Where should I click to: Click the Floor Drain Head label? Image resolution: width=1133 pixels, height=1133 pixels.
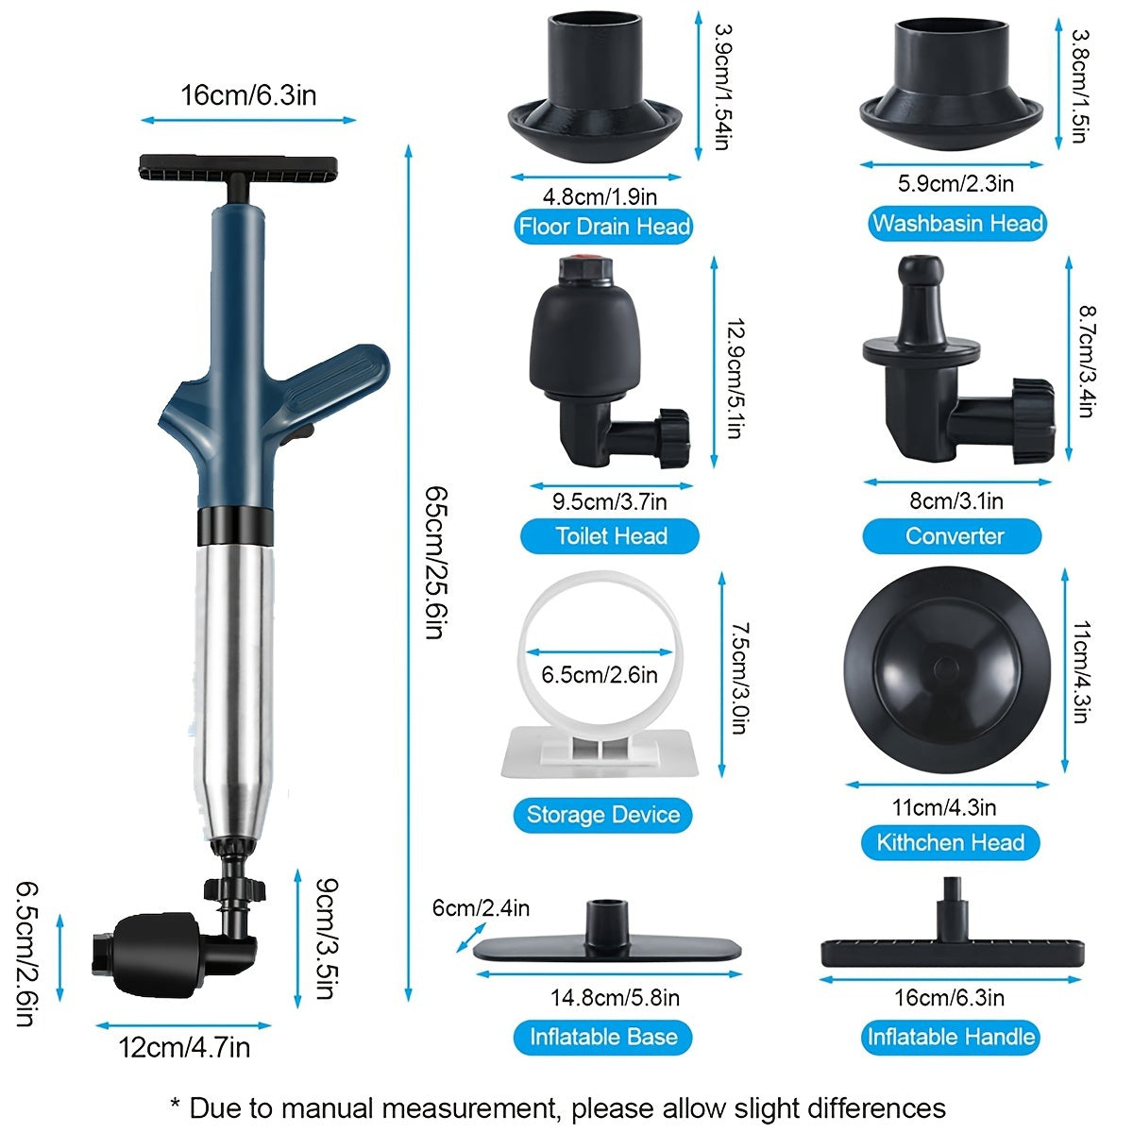603,227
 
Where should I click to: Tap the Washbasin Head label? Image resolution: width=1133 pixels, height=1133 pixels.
956,224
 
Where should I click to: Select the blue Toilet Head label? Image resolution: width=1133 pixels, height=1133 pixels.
610,536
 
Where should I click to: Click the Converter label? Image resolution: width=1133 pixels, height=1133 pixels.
954,536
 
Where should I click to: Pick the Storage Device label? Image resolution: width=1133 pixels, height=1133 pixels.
602,815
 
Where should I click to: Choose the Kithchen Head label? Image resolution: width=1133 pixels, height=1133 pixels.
950,842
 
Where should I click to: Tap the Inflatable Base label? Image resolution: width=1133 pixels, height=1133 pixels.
602,1037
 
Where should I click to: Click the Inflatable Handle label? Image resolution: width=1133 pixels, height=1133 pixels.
951,1037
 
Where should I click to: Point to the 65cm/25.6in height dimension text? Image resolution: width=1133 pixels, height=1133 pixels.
433,562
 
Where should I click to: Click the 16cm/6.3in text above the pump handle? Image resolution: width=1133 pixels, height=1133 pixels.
248,95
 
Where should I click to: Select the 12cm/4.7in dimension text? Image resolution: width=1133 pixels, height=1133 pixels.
184,1047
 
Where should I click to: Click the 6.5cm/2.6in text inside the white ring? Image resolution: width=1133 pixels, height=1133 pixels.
600,674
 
